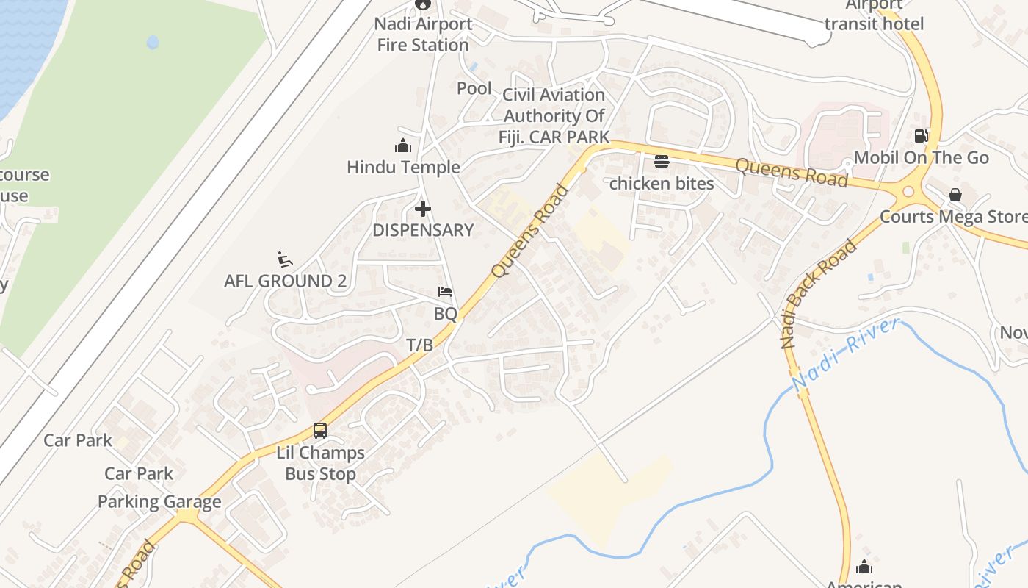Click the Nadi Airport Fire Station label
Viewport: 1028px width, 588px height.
(x=423, y=34)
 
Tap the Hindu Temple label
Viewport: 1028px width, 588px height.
(x=403, y=167)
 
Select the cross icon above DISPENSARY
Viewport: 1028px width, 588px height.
(x=423, y=209)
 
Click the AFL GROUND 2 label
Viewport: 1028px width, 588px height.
(x=285, y=281)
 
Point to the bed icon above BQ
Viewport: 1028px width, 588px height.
(x=445, y=292)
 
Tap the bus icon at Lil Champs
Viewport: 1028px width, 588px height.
(x=320, y=431)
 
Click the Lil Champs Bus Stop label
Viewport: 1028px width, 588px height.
(x=320, y=463)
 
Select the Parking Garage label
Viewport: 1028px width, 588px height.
(x=159, y=502)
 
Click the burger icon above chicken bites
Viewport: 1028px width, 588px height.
(x=662, y=162)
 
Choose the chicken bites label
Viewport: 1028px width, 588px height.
(x=662, y=183)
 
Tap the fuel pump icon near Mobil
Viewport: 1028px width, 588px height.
(x=921, y=136)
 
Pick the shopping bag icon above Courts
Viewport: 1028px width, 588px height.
(x=955, y=195)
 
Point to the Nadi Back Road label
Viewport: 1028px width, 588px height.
(x=819, y=294)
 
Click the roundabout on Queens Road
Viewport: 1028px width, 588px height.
(x=908, y=192)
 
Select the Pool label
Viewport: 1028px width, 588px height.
(x=474, y=88)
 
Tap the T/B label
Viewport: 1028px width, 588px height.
(x=420, y=344)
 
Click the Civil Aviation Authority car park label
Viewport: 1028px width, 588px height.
(x=554, y=115)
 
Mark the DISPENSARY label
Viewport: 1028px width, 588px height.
(x=423, y=230)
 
